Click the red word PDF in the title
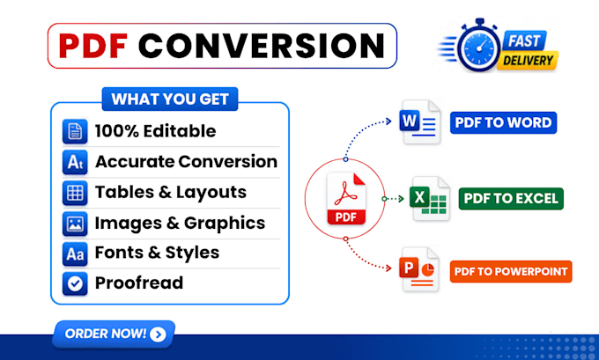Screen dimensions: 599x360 [x=93, y=46]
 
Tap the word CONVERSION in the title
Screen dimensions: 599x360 [x=262, y=46]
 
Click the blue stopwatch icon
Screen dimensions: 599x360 [x=478, y=46]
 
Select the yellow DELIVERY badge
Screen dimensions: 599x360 [x=528, y=61]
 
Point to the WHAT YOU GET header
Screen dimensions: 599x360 [x=170, y=99]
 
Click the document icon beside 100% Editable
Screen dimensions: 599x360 [x=75, y=131]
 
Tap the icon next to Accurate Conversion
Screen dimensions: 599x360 [x=75, y=162]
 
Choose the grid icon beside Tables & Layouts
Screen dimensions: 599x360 [x=75, y=193]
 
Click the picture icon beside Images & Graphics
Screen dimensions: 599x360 [x=75, y=224]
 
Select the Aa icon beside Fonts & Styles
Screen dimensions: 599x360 [x=75, y=253]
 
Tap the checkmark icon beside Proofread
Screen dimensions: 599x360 [x=75, y=283]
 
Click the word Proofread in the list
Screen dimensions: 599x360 [x=139, y=283]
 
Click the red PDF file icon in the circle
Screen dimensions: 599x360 [x=346, y=199]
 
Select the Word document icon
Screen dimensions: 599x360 [x=420, y=121]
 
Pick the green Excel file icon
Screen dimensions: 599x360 [x=429, y=199]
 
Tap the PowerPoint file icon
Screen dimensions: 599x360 [x=418, y=269]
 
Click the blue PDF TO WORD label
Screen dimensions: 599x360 [x=503, y=122]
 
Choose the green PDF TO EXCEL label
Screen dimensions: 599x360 [x=511, y=199]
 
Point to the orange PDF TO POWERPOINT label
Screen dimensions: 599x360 [x=511, y=271]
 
